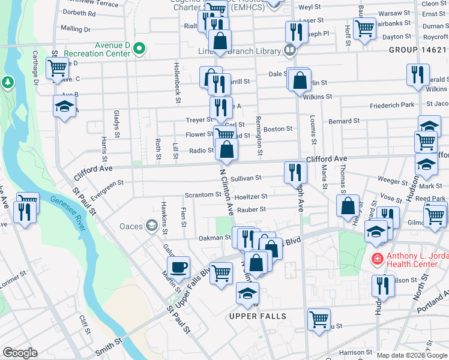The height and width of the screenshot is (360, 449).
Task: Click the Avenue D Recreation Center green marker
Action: (x=139, y=48)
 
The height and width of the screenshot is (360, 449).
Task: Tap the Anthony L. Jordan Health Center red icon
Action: (x=378, y=259)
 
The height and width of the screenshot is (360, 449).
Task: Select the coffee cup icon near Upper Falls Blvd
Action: (x=180, y=266)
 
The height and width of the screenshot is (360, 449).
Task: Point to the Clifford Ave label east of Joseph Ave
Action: (x=327, y=159)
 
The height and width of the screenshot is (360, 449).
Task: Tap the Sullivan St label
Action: (x=246, y=178)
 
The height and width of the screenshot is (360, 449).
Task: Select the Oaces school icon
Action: (x=152, y=226)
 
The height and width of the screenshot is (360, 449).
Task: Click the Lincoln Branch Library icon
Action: (x=290, y=50)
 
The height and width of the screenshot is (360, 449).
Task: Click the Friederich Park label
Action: (x=392, y=105)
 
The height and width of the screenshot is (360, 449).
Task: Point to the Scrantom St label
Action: (x=203, y=195)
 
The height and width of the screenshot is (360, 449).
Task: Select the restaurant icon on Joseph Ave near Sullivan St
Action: (x=295, y=172)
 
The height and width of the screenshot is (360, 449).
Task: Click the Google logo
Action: (x=20, y=353)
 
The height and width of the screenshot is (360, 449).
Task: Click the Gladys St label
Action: (x=116, y=122)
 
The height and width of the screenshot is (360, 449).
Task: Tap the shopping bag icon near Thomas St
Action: (x=348, y=205)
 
